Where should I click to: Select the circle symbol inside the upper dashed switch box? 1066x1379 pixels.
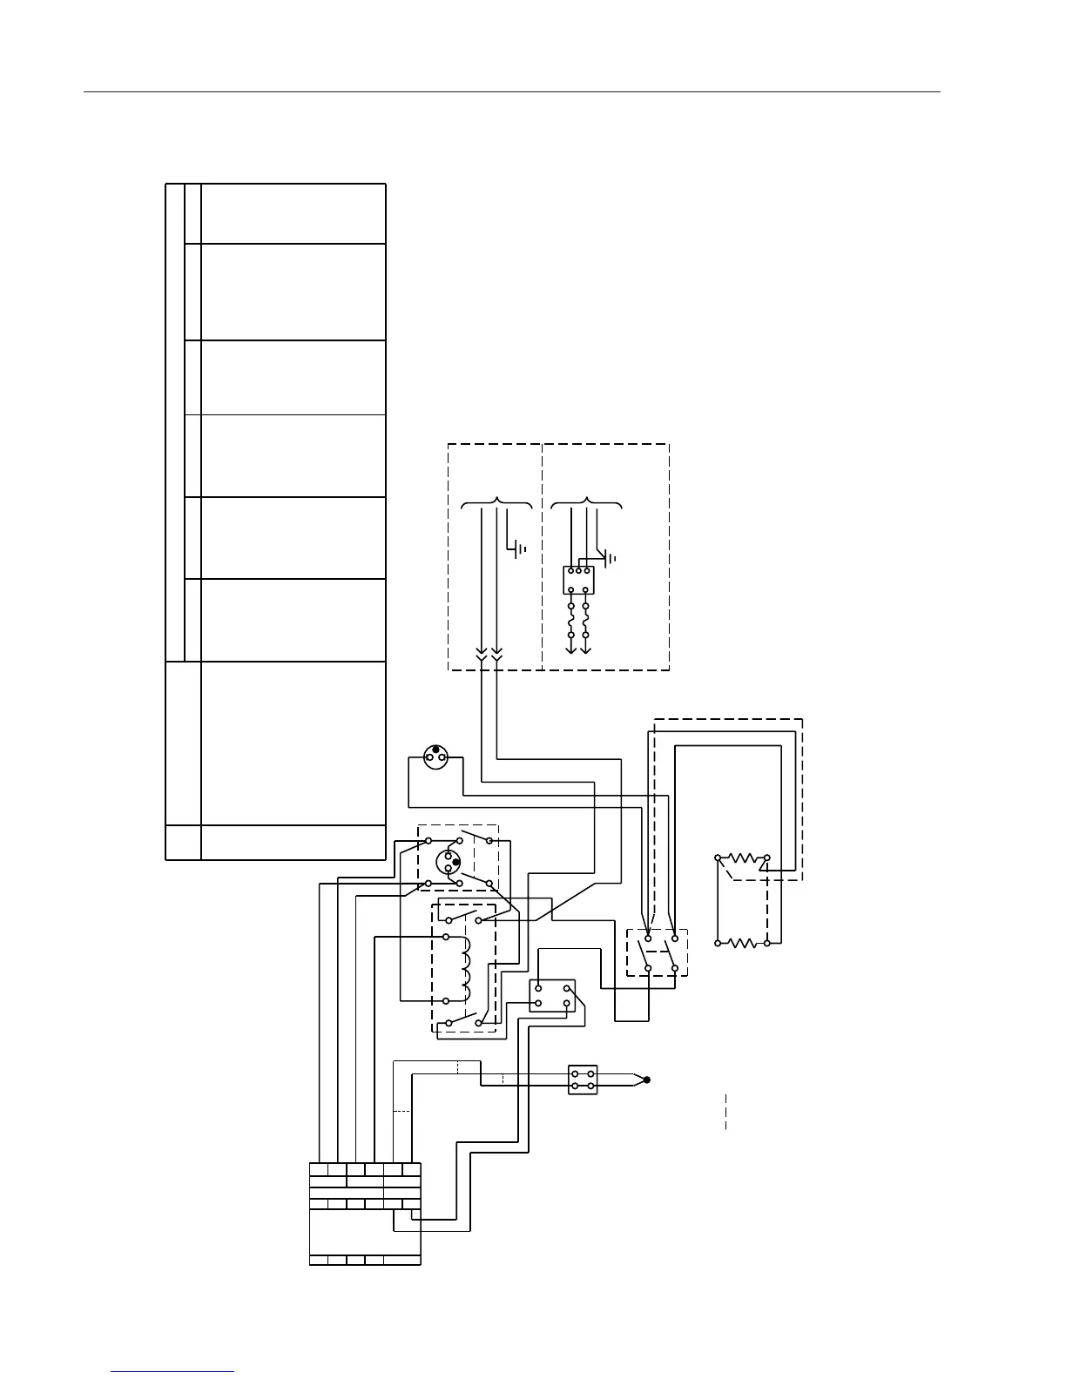[449, 862]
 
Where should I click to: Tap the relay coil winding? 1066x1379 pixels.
[465, 969]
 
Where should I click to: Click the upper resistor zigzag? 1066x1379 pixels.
[742, 858]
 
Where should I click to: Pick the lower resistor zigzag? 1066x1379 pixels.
[742, 942]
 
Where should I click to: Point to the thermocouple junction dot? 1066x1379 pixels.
[647, 1080]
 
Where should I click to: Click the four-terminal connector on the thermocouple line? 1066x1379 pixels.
[583, 1080]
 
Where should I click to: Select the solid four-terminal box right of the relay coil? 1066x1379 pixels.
[552, 996]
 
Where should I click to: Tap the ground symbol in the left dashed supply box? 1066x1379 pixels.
[518, 548]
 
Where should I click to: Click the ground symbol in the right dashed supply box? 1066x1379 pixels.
[611, 557]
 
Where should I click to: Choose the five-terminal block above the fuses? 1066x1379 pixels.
[578, 580]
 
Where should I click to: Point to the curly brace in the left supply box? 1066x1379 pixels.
[496, 504]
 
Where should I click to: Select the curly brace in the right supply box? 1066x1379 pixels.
[587, 504]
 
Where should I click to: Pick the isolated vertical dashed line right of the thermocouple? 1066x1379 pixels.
[725, 1112]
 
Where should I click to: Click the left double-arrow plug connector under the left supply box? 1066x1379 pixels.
[482, 653]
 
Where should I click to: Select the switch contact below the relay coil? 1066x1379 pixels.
[462, 1019]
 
